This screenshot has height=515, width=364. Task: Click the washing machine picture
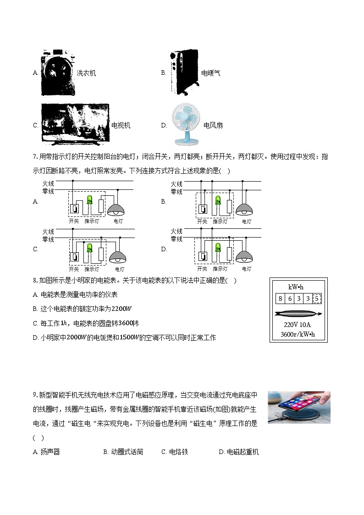click(x=58, y=72)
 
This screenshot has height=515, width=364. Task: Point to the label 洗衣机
click(x=86, y=73)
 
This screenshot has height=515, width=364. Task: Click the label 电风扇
click(x=213, y=125)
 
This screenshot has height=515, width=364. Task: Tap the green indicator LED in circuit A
click(x=90, y=200)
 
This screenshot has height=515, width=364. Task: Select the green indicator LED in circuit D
click(x=218, y=248)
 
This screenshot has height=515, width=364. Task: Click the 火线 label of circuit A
click(x=48, y=183)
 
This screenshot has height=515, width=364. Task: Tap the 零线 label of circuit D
click(x=176, y=239)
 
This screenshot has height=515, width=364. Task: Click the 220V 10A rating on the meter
click(x=298, y=325)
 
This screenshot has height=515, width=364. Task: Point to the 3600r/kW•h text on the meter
click(x=298, y=334)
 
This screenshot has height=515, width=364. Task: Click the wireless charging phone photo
click(x=299, y=407)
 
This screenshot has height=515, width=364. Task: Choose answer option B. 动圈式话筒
click(x=123, y=452)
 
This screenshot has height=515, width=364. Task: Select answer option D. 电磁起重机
click(x=239, y=452)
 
